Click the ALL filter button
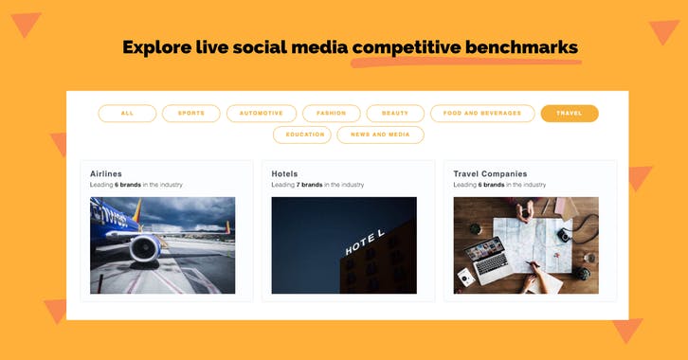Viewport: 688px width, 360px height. point(127,114)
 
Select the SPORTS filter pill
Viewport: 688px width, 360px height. point(190,114)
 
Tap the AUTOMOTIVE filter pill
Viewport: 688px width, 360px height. point(261,114)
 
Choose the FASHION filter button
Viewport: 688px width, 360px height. point(331,114)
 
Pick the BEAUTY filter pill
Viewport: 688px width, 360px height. point(395,114)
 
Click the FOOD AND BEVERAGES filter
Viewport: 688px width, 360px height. point(481,114)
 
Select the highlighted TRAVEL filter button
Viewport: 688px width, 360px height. point(570,114)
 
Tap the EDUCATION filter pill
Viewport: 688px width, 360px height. point(302,135)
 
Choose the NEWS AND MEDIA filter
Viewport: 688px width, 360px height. point(380,135)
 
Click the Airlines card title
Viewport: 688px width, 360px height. point(106,174)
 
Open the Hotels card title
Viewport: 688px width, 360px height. point(284,174)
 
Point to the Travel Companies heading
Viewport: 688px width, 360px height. point(490,174)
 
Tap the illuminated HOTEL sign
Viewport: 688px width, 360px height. point(365,243)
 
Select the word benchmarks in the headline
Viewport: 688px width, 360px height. point(519,47)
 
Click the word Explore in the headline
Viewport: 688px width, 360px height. point(155,47)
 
